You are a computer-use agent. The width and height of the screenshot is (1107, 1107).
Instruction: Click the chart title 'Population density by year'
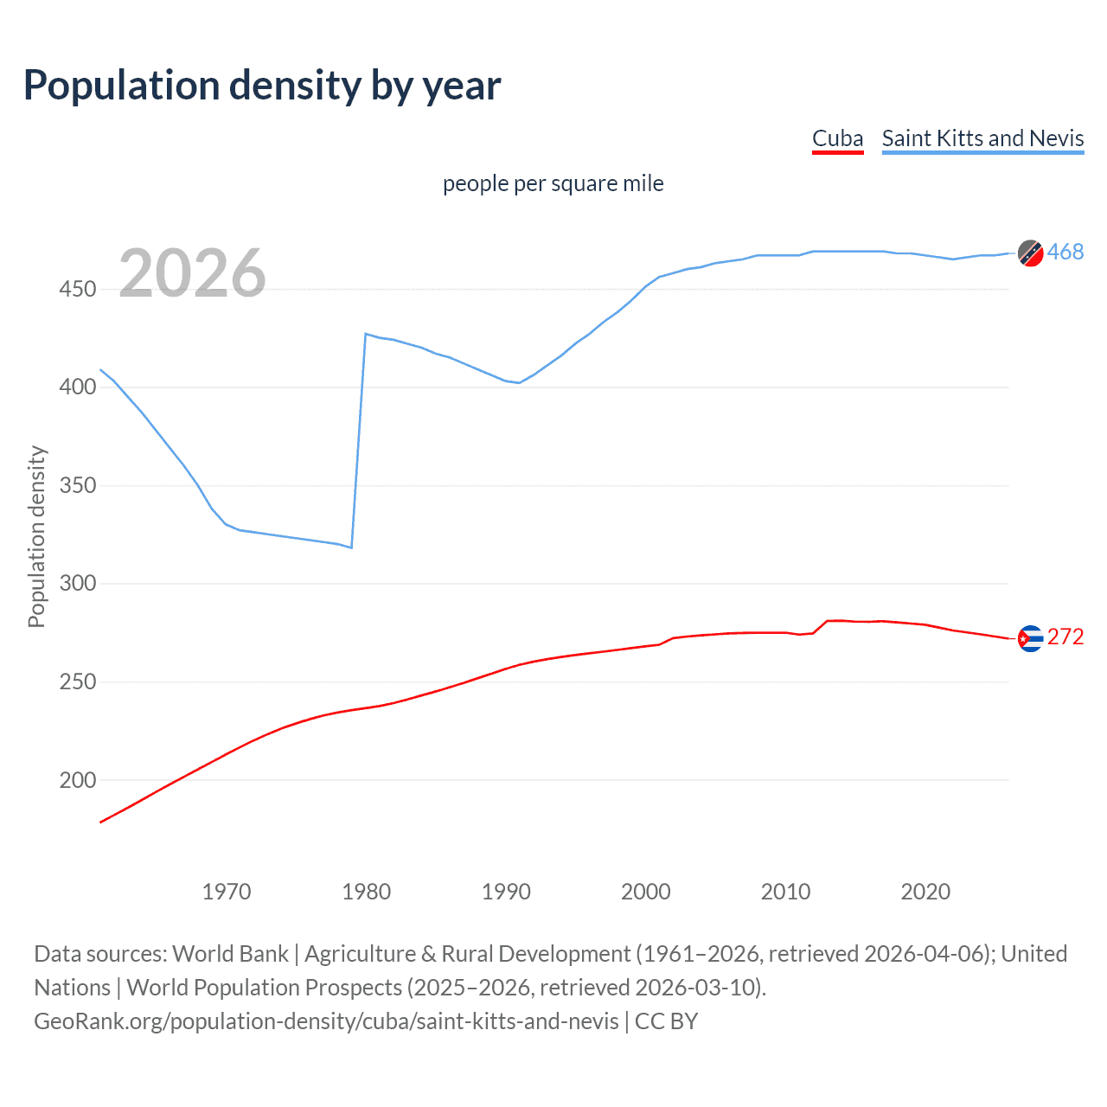tap(262, 86)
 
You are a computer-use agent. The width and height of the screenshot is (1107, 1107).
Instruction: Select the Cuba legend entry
tap(837, 138)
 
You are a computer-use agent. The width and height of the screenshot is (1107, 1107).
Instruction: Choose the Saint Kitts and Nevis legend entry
tap(982, 138)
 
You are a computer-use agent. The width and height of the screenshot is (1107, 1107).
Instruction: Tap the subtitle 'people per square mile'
tap(553, 183)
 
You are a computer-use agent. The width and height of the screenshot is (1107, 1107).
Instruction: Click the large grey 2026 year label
tap(192, 273)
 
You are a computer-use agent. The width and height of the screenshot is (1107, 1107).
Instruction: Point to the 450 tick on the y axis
tap(78, 289)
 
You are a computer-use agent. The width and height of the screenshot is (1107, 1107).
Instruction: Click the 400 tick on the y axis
tap(78, 387)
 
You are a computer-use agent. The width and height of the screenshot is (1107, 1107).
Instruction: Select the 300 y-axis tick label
tap(78, 583)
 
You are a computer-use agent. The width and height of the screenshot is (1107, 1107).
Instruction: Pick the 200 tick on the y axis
tap(78, 780)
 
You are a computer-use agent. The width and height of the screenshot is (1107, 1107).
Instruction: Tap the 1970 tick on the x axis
tap(227, 892)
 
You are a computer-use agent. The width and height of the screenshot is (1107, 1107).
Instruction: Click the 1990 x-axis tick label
tap(506, 892)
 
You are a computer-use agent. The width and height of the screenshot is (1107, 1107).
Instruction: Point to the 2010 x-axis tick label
tap(785, 892)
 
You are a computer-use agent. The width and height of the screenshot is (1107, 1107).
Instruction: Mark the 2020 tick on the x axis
tap(925, 892)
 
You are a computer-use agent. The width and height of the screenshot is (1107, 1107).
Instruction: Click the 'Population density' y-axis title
tap(36, 536)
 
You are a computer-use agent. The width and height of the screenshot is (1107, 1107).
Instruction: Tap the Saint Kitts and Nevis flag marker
tap(1030, 253)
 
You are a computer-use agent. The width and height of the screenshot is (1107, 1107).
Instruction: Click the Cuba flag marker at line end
tap(1030, 638)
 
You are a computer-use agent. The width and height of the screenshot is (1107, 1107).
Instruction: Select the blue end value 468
tap(1065, 252)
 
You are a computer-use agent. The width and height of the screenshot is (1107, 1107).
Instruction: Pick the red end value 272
tap(1065, 637)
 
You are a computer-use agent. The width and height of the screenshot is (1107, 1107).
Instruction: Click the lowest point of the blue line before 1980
tap(351, 547)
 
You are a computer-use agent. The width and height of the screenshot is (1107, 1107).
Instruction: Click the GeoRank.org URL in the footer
tap(326, 1021)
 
